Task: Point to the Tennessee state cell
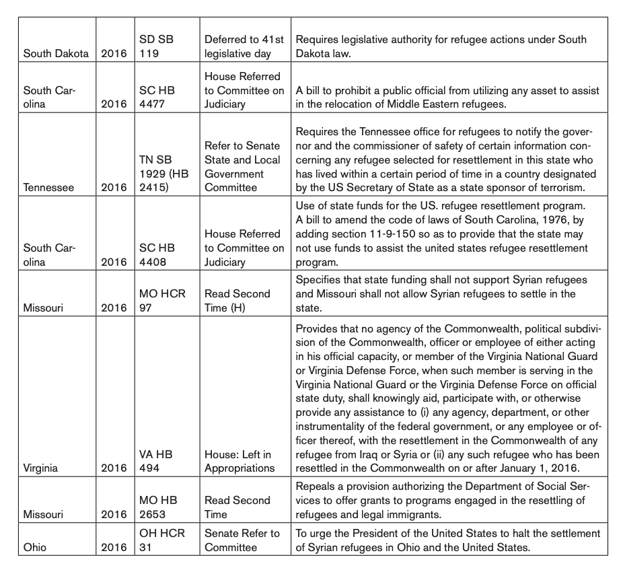48,187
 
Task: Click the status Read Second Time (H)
237,300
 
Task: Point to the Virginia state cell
40,468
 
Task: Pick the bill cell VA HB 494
156,461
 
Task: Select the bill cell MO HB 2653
158,507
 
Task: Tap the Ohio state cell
35,547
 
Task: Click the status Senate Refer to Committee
242,540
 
